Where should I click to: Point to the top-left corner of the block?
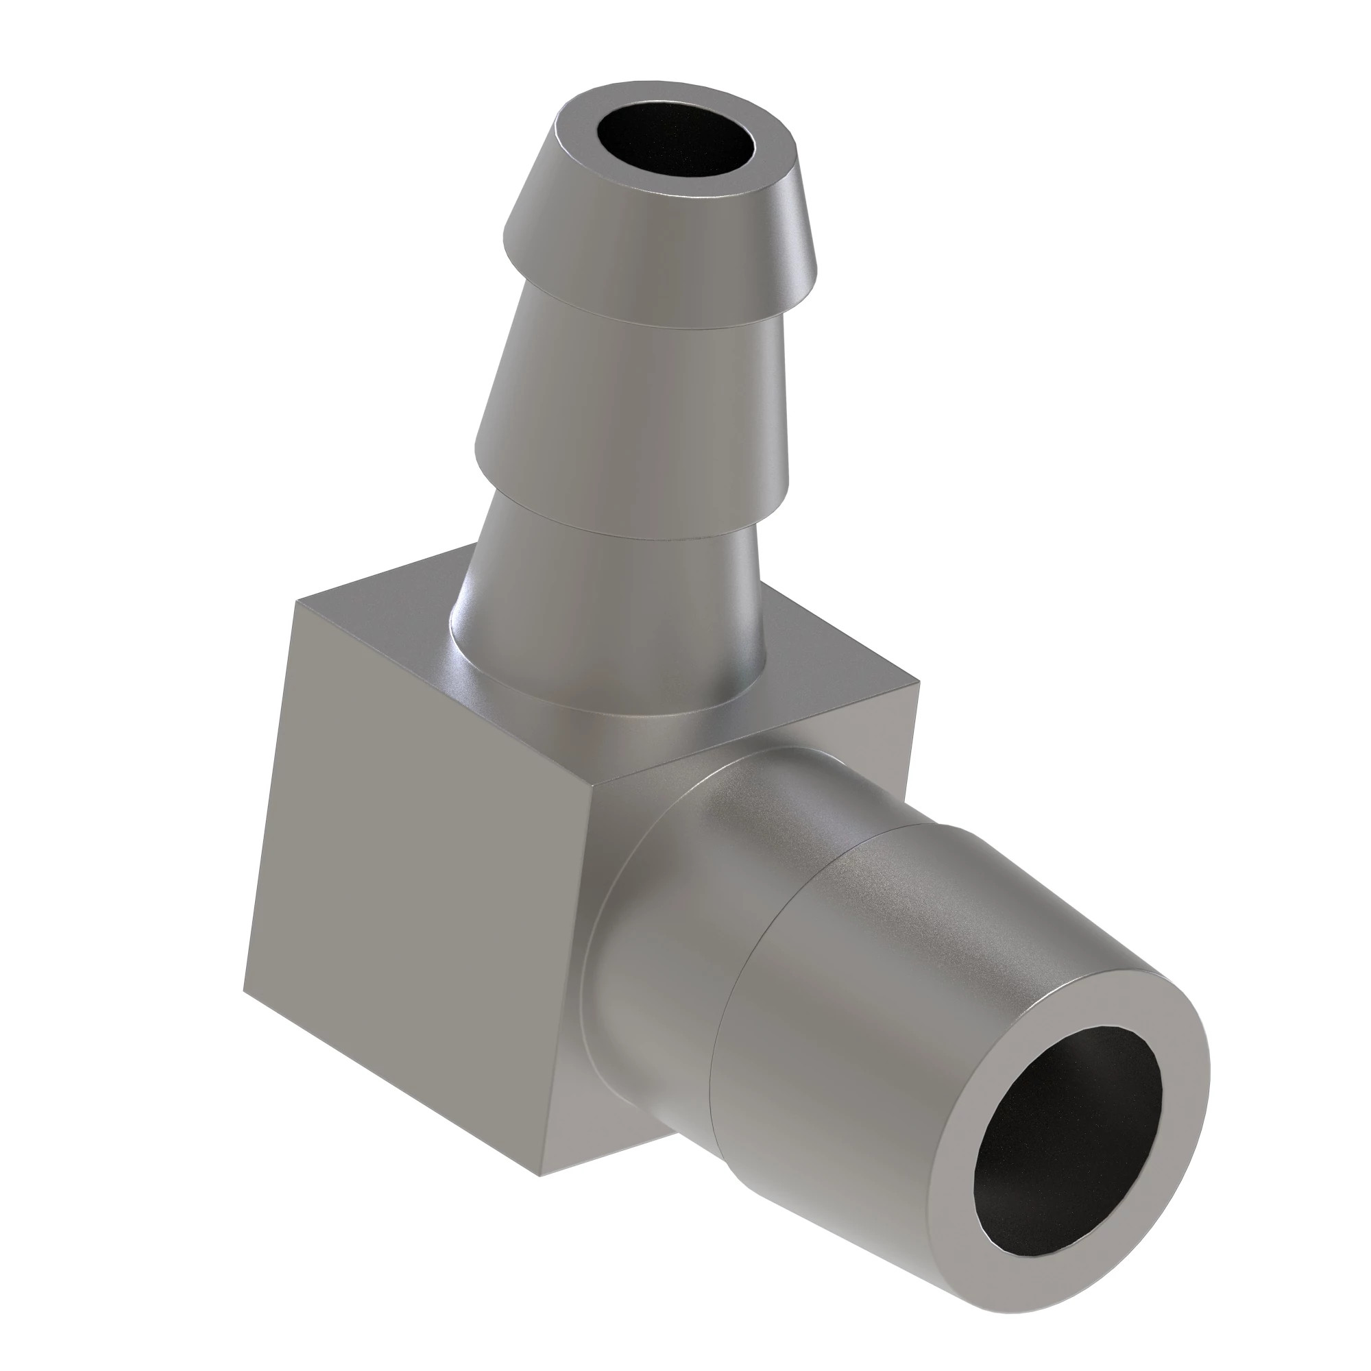298,602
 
